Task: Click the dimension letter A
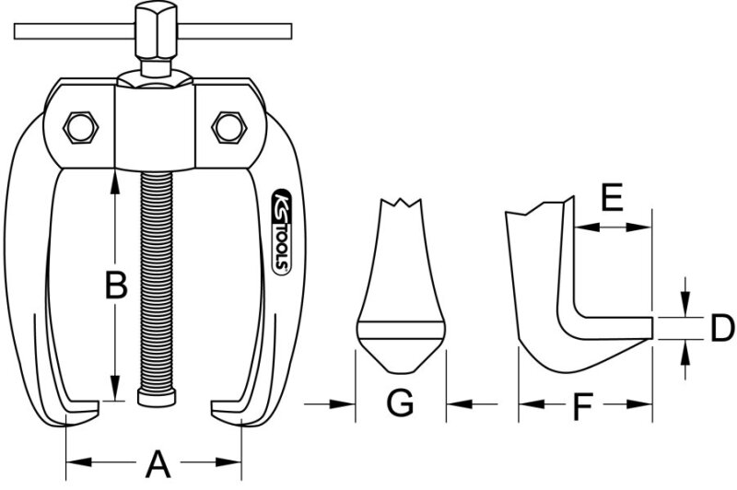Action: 158,463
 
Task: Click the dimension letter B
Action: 116,285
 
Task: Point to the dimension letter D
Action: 721,328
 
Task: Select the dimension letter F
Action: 582,407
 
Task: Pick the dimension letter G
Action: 400,402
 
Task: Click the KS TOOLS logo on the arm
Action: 281,231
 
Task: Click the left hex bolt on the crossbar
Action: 80,127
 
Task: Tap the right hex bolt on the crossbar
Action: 229,127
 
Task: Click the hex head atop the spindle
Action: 156,29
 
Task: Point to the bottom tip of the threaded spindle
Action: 157,405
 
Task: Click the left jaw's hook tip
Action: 98,407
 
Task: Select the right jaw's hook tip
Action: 213,407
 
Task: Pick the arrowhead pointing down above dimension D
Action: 685,305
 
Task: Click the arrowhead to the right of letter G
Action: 459,403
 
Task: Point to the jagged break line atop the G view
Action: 400,203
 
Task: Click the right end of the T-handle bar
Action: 291,31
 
